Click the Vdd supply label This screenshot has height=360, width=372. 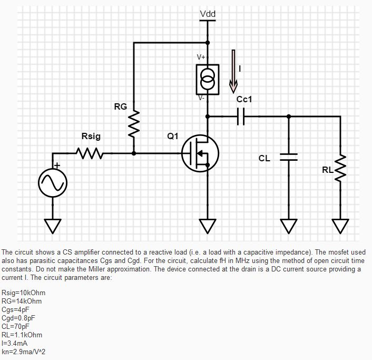click(x=208, y=14)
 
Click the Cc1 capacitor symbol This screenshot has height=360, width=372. click(x=241, y=116)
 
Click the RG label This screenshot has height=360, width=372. click(x=120, y=107)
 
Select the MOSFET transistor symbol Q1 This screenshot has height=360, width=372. click(x=200, y=153)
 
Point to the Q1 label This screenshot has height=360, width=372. click(x=172, y=137)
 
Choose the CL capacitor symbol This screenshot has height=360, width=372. click(x=288, y=156)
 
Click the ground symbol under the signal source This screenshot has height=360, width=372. click(x=52, y=225)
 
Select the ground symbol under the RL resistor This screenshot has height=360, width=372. click(x=340, y=225)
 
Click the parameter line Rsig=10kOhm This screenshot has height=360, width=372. click(x=24, y=293)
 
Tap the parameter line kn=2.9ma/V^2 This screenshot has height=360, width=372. click(x=27, y=352)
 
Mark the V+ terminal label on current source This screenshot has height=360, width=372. click(x=201, y=57)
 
